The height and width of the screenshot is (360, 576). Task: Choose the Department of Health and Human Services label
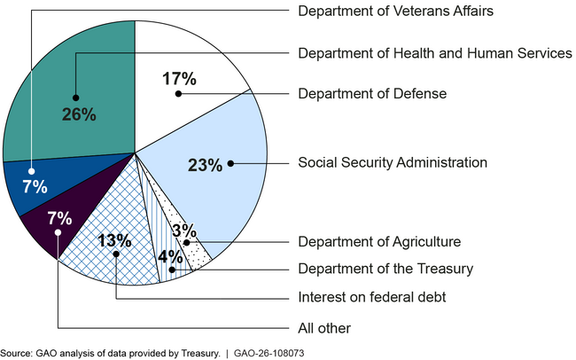(435, 53)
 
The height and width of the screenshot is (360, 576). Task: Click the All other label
(324, 328)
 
